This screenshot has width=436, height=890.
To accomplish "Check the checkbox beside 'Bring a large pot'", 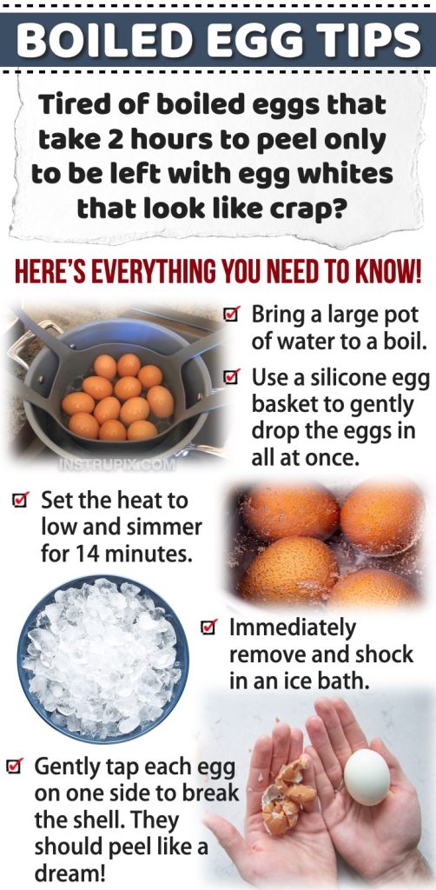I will pos(231,315).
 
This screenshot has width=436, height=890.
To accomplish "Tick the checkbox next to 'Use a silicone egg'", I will pos(231,377).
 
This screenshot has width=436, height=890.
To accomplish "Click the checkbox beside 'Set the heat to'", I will pos(20,501).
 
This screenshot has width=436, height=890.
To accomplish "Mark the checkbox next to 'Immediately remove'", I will pos(208,627).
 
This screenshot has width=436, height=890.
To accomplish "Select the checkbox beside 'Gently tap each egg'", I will pos(14,767).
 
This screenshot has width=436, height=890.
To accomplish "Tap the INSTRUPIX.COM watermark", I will pos(116,464).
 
